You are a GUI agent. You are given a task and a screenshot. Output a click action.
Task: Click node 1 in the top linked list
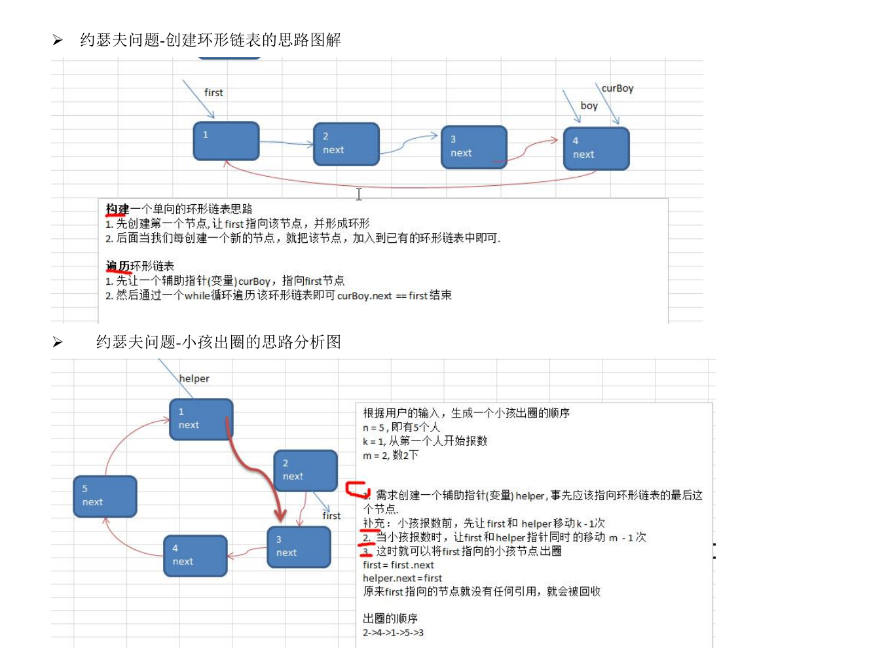tap(226, 141)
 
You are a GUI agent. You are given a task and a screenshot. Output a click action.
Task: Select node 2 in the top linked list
tap(346, 144)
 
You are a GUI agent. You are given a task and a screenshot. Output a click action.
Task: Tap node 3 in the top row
tap(474, 147)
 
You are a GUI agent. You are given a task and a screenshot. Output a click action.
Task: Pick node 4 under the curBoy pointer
tap(596, 149)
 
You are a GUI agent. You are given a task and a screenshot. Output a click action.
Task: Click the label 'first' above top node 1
tap(213, 93)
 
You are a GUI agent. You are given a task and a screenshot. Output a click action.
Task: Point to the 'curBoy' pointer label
tap(617, 88)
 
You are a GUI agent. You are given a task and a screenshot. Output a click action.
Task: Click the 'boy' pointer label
tap(589, 105)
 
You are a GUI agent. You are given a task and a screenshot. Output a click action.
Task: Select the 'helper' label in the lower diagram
tap(194, 378)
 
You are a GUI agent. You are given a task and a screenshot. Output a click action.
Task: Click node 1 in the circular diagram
tap(201, 419)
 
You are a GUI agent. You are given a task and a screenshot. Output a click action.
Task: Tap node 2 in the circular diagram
tap(305, 470)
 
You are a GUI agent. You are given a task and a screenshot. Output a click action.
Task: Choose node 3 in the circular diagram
tap(299, 547)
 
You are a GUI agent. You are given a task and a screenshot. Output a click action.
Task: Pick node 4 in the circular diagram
tap(195, 556)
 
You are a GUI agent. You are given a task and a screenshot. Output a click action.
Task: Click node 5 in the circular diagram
tap(105, 496)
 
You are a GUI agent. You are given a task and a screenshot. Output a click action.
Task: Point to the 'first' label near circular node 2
tap(331, 516)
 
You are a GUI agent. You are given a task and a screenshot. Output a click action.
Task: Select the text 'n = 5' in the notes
tap(374, 427)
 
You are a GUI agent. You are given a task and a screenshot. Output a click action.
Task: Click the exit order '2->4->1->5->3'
tap(393, 632)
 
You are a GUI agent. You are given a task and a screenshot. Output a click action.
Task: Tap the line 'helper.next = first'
tap(402, 578)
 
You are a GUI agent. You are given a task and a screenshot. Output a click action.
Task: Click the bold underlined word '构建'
tap(117, 209)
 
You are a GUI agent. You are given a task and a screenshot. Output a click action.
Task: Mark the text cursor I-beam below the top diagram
tap(359, 194)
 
